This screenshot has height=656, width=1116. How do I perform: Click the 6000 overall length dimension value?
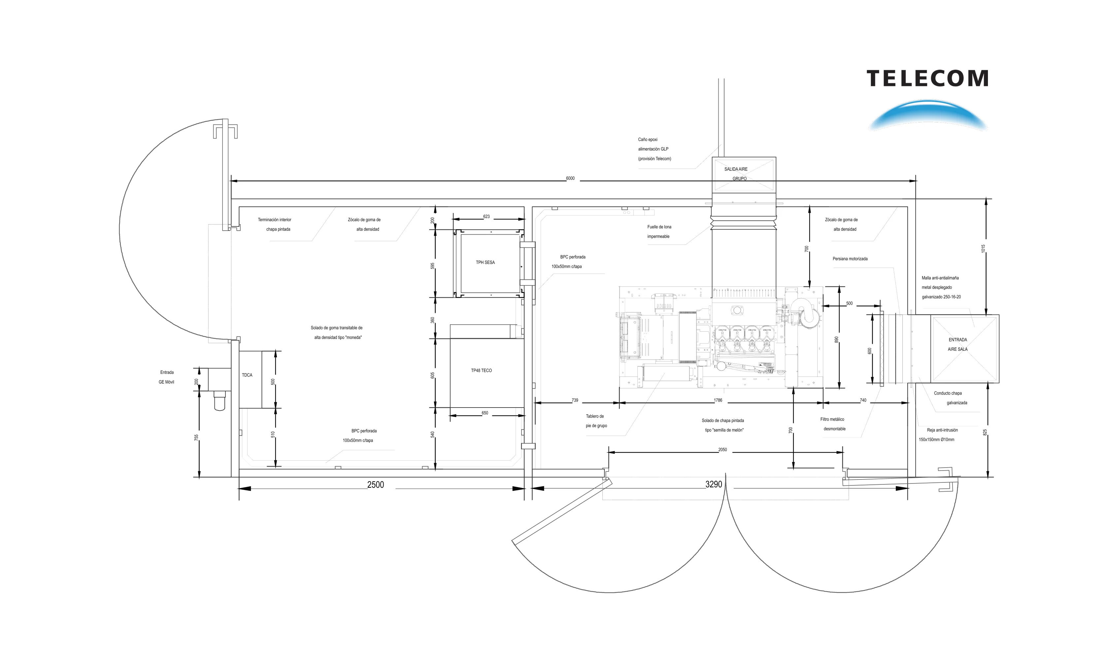click(x=570, y=179)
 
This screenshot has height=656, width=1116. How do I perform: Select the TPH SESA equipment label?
click(x=485, y=262)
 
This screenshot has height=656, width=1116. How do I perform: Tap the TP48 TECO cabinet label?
click(x=481, y=371)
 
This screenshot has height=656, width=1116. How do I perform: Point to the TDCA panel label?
click(x=247, y=375)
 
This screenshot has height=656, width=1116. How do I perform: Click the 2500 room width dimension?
click(x=376, y=485)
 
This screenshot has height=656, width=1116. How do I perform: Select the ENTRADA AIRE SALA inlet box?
click(x=964, y=349)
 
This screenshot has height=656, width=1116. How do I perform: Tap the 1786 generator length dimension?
click(x=718, y=400)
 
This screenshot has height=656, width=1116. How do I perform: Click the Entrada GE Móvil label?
click(x=166, y=377)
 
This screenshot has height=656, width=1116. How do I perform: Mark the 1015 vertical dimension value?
click(x=983, y=249)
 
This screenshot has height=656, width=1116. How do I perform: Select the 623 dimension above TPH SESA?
click(x=486, y=216)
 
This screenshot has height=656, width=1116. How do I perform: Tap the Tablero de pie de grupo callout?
click(x=596, y=421)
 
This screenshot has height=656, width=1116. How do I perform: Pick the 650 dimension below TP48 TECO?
click(x=485, y=413)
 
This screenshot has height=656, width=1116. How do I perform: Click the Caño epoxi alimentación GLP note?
click(x=655, y=149)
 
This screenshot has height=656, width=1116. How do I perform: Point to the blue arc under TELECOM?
click(x=928, y=109)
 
